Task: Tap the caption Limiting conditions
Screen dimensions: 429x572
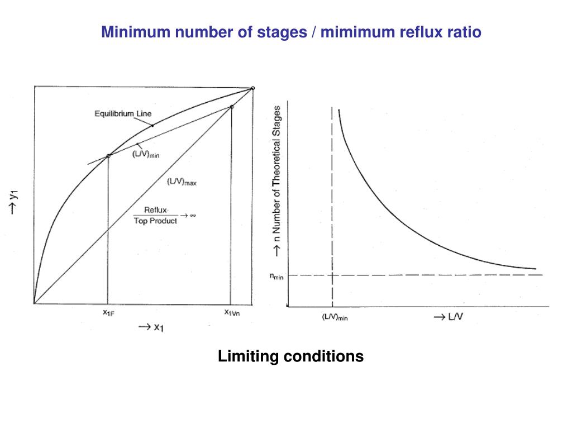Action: [x=290, y=356]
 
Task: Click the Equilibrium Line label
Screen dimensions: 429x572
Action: [x=123, y=114]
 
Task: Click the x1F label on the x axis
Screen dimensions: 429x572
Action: [x=108, y=313]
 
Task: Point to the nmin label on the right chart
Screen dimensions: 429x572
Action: [x=277, y=275]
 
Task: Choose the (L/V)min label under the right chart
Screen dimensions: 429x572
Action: [x=335, y=317]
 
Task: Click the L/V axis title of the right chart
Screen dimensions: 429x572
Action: [x=449, y=317]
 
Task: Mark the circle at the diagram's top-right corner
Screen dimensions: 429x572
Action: [x=252, y=88]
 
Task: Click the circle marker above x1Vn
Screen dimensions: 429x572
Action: [x=231, y=107]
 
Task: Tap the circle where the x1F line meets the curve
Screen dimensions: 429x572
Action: [x=108, y=155]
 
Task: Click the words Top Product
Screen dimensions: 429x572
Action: [x=155, y=221]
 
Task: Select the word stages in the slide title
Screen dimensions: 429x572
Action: [x=282, y=32]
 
